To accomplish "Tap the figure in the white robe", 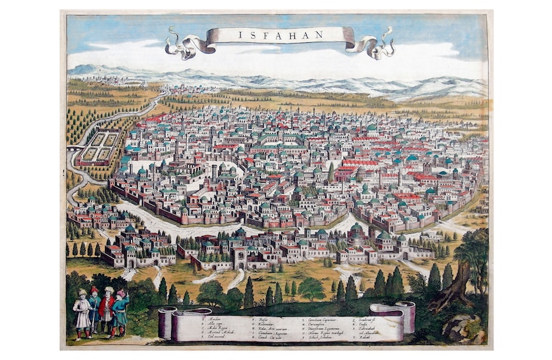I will pos(82,313).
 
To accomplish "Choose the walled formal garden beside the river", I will pos(98,148).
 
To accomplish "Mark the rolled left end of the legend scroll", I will pos(166,322).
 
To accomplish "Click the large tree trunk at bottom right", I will pos(458,286).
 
